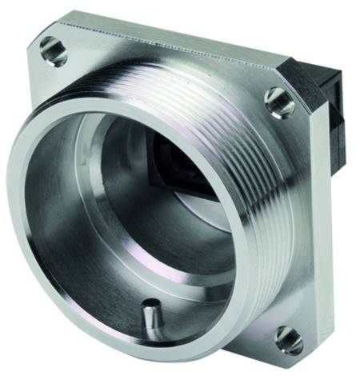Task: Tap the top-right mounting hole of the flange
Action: coord(279,102)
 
